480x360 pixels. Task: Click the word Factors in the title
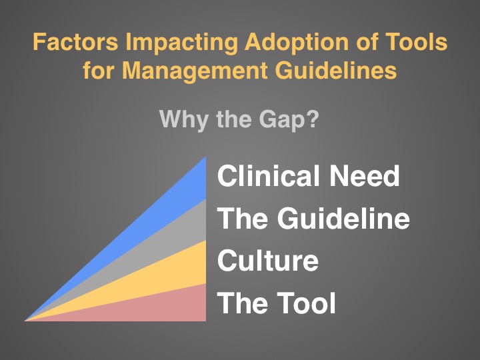(x=75, y=41)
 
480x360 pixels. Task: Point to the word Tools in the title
(x=416, y=41)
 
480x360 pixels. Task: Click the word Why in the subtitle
(x=184, y=120)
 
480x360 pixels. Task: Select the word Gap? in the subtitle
(x=289, y=120)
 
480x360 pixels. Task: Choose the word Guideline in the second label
(x=343, y=217)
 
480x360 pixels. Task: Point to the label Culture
(x=268, y=260)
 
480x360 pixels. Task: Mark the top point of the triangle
(x=206, y=157)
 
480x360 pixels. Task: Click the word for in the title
(x=98, y=71)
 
